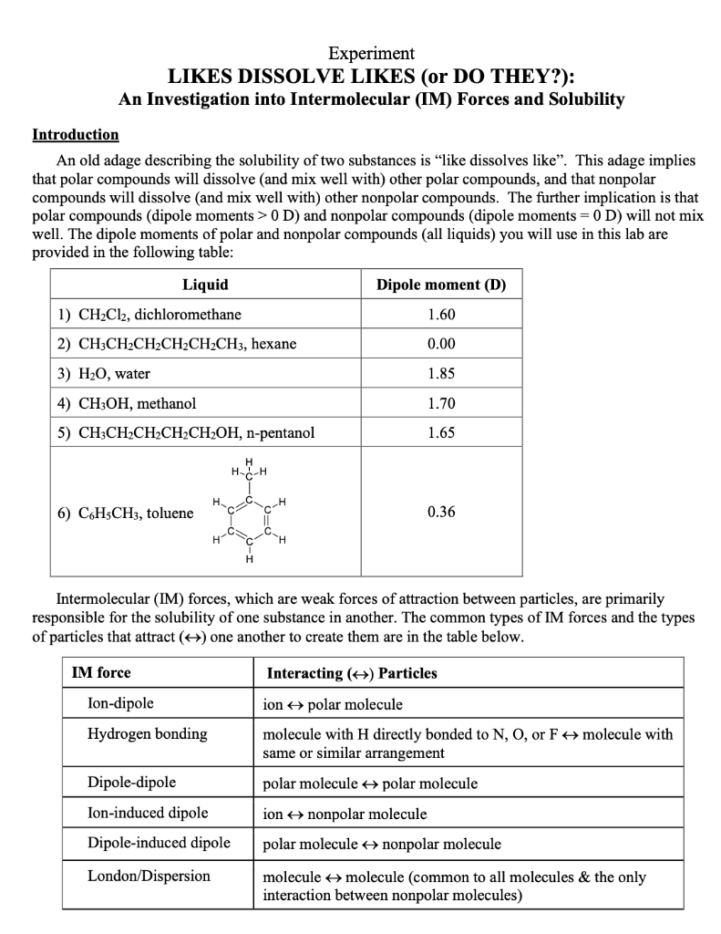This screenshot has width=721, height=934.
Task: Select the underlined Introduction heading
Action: pos(76,134)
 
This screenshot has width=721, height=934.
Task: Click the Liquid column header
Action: pos(206,285)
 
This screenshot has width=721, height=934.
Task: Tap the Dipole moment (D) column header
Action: pos(441,285)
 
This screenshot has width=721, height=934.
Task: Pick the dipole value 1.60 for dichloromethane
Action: pos(441,315)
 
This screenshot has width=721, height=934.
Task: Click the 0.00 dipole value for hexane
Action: pos(441,344)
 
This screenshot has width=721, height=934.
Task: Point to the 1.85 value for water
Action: pos(441,373)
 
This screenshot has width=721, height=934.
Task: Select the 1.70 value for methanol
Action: pos(441,402)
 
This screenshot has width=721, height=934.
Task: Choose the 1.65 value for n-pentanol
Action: pos(441,432)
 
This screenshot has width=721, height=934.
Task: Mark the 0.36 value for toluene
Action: pos(441,512)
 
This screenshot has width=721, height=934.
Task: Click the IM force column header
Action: pos(101,673)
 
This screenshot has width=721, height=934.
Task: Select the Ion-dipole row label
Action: pos(120,703)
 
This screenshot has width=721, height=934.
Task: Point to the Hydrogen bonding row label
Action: pos(147,733)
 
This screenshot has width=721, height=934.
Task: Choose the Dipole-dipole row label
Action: pos(131,783)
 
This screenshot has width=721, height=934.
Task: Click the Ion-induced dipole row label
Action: pos(148,813)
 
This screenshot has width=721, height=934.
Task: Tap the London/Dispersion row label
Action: pos(149,876)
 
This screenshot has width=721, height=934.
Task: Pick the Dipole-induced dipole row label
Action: pos(159,843)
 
